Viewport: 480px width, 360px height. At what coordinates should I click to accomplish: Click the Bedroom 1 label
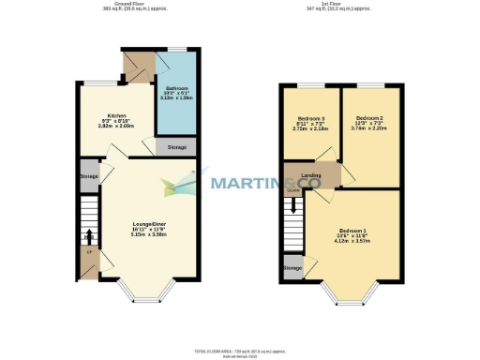pyautogui.click(x=352, y=231)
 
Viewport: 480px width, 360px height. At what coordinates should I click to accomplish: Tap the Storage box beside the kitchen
pyautogui.click(x=176, y=148)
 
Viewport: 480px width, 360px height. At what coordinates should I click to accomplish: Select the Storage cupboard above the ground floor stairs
pyautogui.click(x=89, y=176)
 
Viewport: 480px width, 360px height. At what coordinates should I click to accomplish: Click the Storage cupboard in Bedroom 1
pyautogui.click(x=292, y=268)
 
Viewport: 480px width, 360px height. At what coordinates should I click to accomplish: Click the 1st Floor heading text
pyautogui.click(x=351, y=5)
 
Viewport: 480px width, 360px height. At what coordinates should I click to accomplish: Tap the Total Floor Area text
pyautogui.click(x=240, y=349)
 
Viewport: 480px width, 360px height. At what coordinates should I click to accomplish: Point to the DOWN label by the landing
pyautogui.click(x=292, y=189)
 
